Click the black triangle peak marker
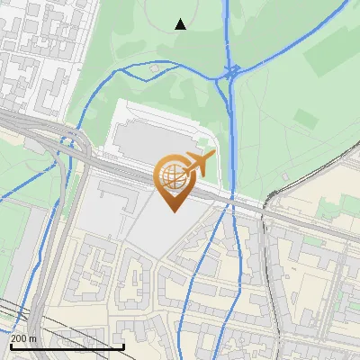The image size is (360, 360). point(181,24)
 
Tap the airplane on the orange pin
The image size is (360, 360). point(197,163)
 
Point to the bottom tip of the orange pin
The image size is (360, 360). point(172,211)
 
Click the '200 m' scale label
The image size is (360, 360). point(23,338)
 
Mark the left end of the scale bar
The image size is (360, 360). point(11,346)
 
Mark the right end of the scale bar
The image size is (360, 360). point(123,346)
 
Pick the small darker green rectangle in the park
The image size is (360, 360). point(307,118)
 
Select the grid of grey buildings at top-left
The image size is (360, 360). point(36,54)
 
